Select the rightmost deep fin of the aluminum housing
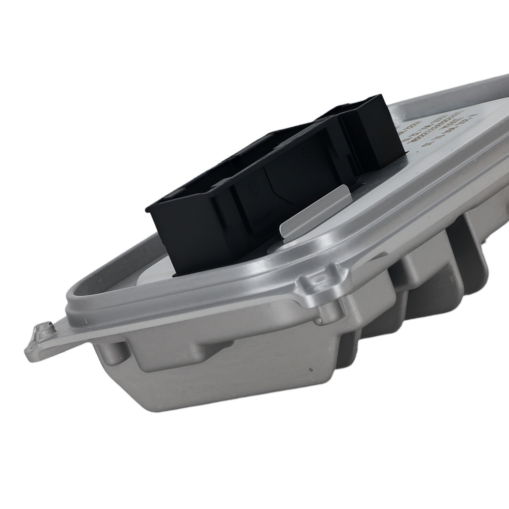[x=473, y=239]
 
